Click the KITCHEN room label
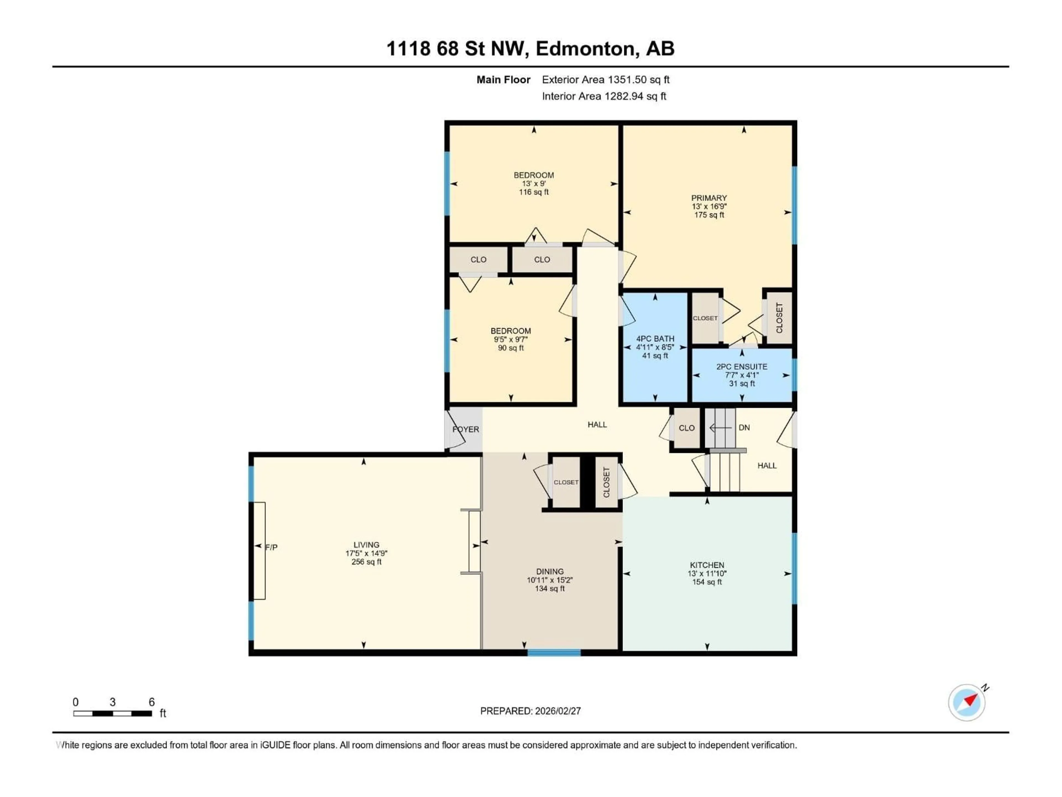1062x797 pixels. (707, 565)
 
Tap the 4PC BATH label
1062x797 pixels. (655, 339)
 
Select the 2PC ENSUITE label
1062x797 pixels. (742, 367)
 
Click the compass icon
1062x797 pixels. (967, 702)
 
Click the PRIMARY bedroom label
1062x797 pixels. (709, 198)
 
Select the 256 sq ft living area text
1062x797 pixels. (366, 561)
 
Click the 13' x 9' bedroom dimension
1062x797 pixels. (533, 183)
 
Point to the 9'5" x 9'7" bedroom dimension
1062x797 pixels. (510, 340)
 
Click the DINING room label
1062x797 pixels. (550, 572)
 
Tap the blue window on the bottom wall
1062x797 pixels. (554, 652)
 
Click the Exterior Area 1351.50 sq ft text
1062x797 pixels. (605, 80)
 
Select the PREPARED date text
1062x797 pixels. (530, 711)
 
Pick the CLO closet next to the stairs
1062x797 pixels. (686, 428)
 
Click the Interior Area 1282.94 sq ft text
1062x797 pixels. (604, 96)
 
